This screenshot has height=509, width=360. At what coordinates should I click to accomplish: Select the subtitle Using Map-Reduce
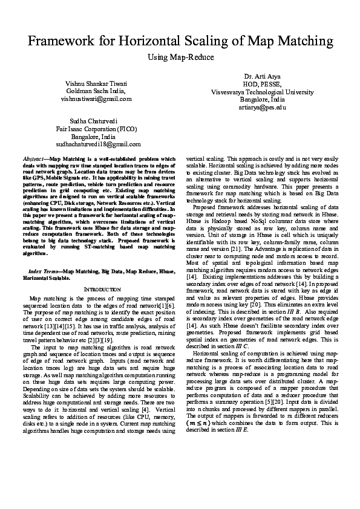180,56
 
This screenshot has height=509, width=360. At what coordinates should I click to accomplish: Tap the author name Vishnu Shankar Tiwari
96,83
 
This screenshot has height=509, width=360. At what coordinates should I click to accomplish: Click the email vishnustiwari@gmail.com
96,99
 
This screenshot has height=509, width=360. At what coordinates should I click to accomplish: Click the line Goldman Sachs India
96,91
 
